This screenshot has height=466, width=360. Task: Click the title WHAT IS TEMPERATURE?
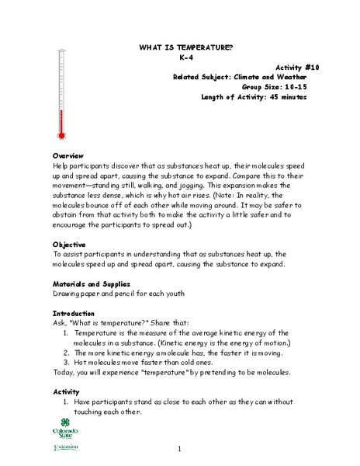[185, 47]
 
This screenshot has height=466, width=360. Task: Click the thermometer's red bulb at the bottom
[61, 130]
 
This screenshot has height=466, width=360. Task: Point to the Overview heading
[67, 156]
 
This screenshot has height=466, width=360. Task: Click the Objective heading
[69, 244]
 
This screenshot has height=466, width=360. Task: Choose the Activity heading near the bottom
[66, 391]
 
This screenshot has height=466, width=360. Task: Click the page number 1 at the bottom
[179, 449]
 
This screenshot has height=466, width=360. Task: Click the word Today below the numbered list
[64, 372]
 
